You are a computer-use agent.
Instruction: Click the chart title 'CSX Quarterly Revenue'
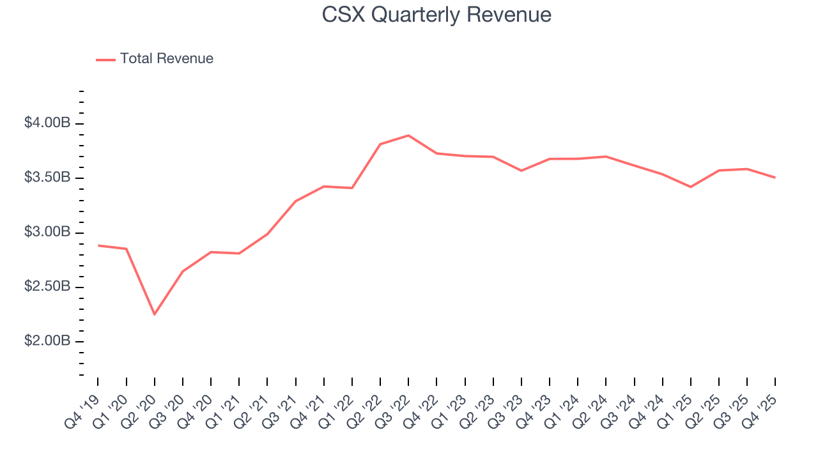pos(436,15)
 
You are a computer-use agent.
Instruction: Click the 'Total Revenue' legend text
pos(166,59)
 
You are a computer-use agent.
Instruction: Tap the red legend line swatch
pos(105,59)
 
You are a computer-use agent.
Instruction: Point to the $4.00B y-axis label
pos(47,123)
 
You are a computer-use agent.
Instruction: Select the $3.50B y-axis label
pos(47,177)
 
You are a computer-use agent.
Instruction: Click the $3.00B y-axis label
pos(47,232)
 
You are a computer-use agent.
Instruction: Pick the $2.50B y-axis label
pos(47,286)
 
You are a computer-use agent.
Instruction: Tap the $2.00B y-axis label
pos(47,341)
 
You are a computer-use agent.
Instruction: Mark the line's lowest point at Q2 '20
pos(154,314)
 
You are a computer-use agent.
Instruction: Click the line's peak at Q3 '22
pos(408,135)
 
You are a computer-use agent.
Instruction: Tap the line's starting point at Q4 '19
pos(98,245)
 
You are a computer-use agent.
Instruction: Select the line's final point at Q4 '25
pos(775,178)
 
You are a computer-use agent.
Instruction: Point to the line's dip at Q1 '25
pos(690,187)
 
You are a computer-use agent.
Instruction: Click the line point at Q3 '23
pos(521,171)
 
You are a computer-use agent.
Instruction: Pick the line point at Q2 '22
pos(380,144)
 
